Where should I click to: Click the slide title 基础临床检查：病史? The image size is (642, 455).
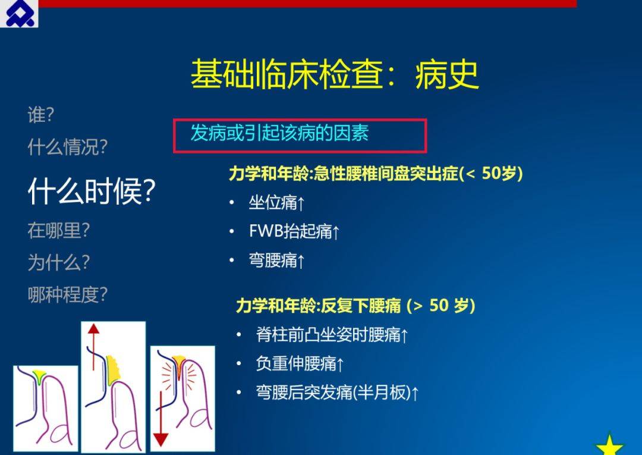(335, 74)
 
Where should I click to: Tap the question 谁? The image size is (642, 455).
(40, 115)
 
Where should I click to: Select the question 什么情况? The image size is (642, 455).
(68, 147)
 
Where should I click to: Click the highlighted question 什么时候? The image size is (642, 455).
(92, 192)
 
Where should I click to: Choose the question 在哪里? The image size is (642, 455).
(58, 231)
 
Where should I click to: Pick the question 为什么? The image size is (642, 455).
(58, 262)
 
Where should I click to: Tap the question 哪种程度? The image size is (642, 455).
(68, 294)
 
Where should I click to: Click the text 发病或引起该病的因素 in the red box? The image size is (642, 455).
(279, 133)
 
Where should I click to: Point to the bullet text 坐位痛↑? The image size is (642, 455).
(277, 202)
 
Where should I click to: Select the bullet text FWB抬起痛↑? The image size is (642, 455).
(294, 231)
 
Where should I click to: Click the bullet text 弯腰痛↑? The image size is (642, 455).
(277, 261)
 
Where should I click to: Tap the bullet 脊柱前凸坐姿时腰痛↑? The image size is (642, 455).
(332, 335)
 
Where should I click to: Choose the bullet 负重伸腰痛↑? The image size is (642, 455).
(300, 363)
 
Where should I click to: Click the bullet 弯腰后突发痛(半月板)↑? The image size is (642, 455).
(337, 393)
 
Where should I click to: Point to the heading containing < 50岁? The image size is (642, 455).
(376, 174)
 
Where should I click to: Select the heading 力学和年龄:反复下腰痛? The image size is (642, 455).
(319, 306)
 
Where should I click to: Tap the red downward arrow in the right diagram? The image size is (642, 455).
(160, 419)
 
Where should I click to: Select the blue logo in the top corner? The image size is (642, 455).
(20, 14)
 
